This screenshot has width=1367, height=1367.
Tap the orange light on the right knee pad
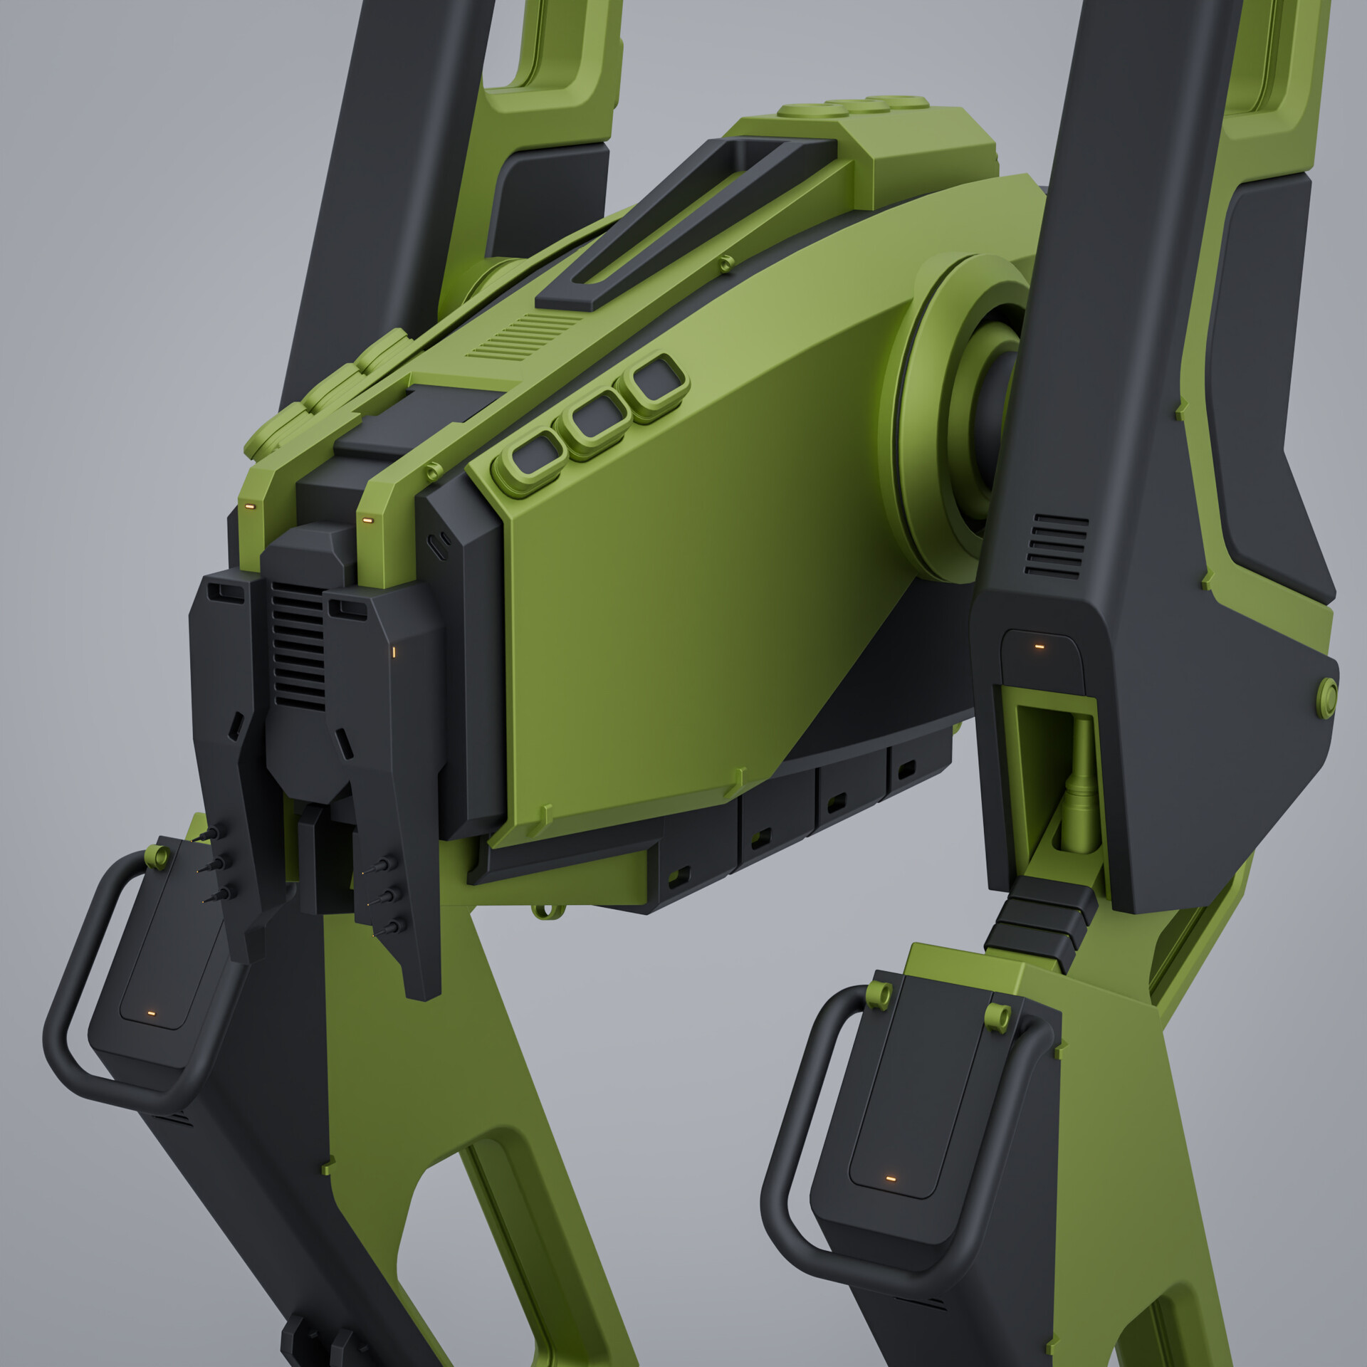pyautogui.click(x=889, y=1178)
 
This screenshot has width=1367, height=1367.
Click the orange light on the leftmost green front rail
pyautogui.click(x=249, y=506)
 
